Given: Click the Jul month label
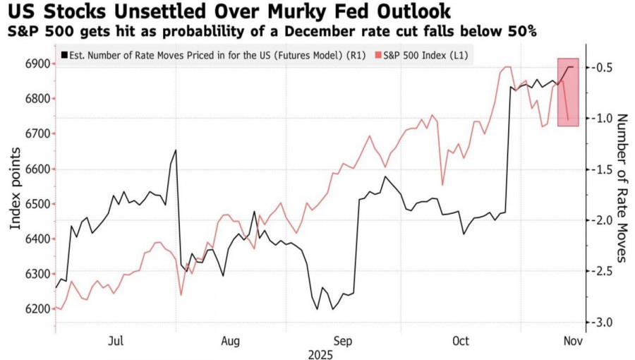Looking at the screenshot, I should click(x=116, y=341).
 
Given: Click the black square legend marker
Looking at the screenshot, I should click(x=64, y=54).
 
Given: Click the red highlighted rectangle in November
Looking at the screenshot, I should click(x=568, y=92).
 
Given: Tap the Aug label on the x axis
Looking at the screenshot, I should click(x=231, y=341).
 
